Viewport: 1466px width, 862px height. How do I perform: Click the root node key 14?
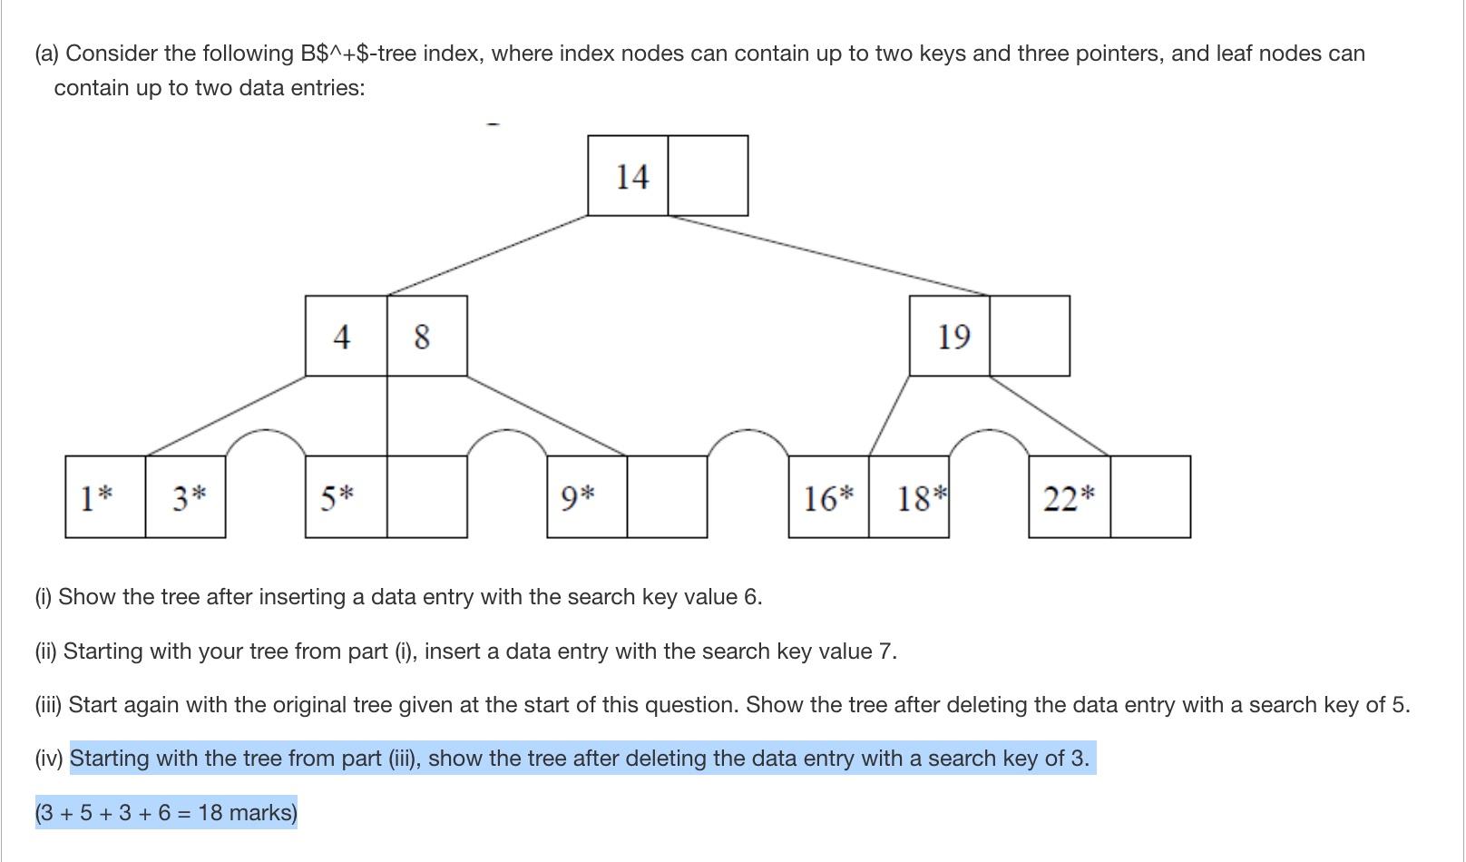[x=631, y=176]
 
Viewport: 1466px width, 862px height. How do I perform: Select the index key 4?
[x=342, y=337]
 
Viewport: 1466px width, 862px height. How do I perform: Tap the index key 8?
[x=422, y=337]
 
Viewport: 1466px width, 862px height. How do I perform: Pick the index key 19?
[x=953, y=337]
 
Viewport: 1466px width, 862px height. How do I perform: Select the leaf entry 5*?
[x=337, y=497]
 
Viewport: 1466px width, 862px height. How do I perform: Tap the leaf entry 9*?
[x=578, y=497]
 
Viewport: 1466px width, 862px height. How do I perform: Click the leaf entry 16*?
[x=828, y=497]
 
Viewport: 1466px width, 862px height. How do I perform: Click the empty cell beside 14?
[x=708, y=176]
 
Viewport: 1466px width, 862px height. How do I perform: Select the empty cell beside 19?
[x=1029, y=336]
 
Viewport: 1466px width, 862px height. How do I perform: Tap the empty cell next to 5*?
[x=426, y=497]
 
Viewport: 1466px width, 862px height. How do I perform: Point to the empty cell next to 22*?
[x=1149, y=497]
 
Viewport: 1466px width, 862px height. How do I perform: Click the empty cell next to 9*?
[x=667, y=497]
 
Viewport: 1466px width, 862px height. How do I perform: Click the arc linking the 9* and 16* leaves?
[x=748, y=432]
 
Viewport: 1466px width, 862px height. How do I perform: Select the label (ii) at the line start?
[x=47, y=651]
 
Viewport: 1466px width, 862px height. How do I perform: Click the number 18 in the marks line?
[x=210, y=812]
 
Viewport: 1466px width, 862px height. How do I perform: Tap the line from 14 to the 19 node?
[x=827, y=255]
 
